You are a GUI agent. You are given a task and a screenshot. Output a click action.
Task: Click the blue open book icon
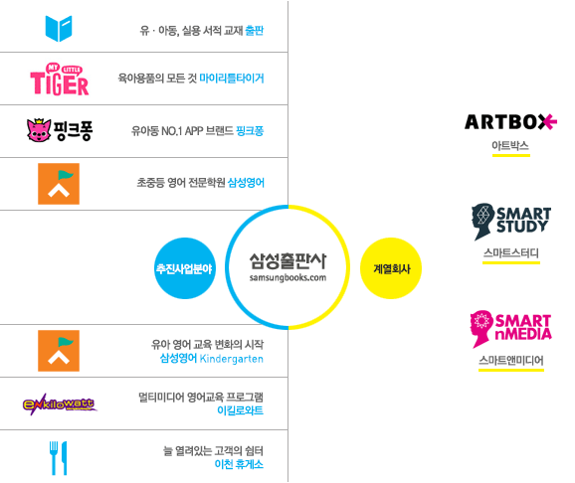[x=59, y=28]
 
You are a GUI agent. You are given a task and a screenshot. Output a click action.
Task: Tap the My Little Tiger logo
[x=60, y=80]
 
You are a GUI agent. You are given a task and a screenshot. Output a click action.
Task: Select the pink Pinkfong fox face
[x=39, y=130]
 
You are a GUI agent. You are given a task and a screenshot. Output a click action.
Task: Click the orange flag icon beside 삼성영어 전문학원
[x=59, y=184]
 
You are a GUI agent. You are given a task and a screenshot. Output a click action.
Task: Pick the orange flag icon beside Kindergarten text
[x=59, y=351]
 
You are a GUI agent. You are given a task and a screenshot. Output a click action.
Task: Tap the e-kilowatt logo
[x=60, y=404]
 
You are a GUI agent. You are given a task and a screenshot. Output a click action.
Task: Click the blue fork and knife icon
[x=59, y=458]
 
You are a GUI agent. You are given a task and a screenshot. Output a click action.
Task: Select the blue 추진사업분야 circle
[x=185, y=268]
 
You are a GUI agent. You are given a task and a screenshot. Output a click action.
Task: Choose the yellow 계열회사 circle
[x=391, y=268]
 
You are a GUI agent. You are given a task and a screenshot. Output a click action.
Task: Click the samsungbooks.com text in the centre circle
[x=287, y=278]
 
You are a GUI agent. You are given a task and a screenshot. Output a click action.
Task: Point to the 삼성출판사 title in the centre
[x=287, y=261]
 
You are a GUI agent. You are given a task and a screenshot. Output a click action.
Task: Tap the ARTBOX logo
[x=510, y=122]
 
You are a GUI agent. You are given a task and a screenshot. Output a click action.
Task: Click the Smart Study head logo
[x=511, y=222]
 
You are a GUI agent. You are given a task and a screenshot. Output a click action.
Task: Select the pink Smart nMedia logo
[x=510, y=329]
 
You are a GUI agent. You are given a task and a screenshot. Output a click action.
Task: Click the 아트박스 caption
[x=510, y=146]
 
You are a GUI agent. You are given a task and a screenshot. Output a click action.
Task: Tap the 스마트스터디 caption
[x=510, y=252]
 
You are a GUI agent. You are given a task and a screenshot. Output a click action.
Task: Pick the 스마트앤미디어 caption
[x=510, y=360]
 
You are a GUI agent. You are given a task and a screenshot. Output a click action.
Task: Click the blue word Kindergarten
[x=232, y=359]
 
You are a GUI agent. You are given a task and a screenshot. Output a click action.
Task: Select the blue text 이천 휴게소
[x=239, y=464]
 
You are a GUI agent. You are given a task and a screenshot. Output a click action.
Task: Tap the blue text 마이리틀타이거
[x=232, y=79]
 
